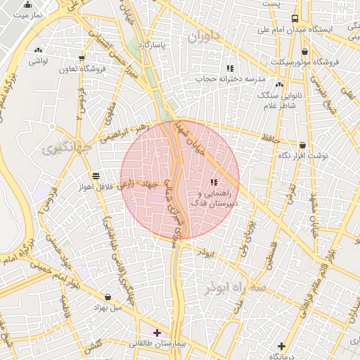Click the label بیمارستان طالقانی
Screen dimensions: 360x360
pyautogui.click(x=155, y=344)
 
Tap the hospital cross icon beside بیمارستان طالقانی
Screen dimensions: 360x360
pyautogui.click(x=156, y=333)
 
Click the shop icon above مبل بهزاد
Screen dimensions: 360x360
pyautogui.click(x=108, y=297)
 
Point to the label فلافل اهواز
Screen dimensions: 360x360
pyautogui.click(x=96, y=186)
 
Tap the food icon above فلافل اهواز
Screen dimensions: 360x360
pyautogui.click(x=96, y=175)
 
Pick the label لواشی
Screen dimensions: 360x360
pyautogui.click(x=37, y=61)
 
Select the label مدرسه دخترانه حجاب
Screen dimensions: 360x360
pyautogui.click(x=229, y=79)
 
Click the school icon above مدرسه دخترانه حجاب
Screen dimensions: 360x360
pyautogui.click(x=229, y=68)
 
